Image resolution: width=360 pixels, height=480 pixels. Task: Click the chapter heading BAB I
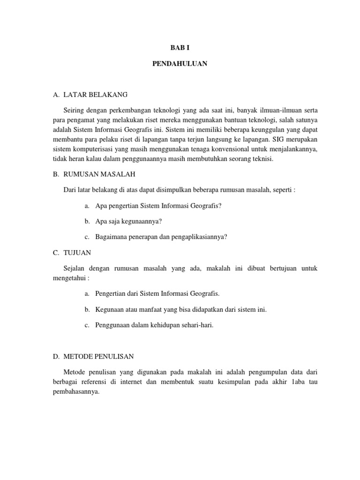tap(180, 48)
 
